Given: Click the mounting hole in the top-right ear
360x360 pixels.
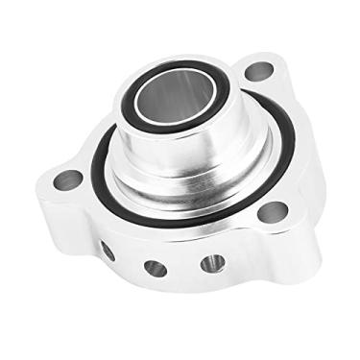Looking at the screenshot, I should point(258,70).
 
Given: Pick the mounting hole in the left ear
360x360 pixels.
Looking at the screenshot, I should point(68,179).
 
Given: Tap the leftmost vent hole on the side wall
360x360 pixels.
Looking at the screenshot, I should point(108,252).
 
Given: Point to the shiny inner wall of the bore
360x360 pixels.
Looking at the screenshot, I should point(197,101).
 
